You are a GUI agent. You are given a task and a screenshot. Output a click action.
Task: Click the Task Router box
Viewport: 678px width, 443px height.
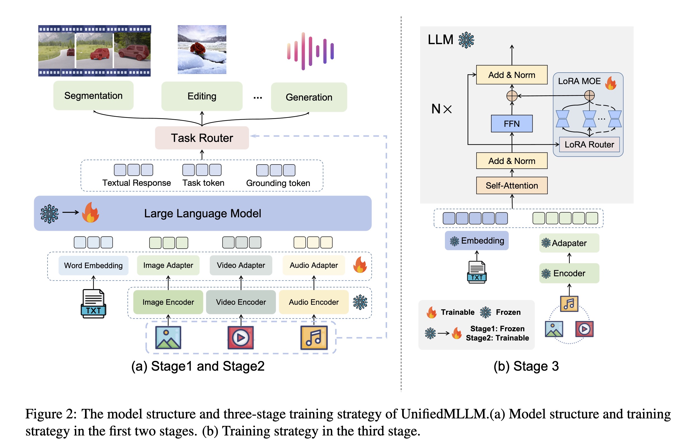(x=202, y=138)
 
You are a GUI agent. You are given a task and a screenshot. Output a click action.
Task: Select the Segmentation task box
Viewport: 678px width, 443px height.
(x=93, y=96)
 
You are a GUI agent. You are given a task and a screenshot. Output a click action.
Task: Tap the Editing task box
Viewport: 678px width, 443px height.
(x=202, y=96)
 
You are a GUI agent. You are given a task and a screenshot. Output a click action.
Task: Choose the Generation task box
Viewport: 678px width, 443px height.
(x=309, y=97)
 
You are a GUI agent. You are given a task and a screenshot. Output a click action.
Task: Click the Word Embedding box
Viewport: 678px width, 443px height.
(x=93, y=265)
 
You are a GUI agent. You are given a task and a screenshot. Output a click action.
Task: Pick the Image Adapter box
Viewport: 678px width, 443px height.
(x=168, y=265)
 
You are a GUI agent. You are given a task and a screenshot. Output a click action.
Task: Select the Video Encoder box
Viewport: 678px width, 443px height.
(x=241, y=302)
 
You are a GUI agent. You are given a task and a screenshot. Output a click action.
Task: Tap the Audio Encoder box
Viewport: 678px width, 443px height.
(x=314, y=302)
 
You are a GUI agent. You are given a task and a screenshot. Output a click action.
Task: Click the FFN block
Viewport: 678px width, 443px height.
(x=512, y=123)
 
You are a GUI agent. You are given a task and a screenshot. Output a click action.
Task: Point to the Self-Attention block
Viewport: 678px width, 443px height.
(x=512, y=185)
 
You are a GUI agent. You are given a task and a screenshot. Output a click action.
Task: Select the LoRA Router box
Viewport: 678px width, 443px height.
(x=589, y=144)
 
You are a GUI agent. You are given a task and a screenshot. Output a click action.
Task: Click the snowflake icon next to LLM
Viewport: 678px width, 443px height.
(x=466, y=40)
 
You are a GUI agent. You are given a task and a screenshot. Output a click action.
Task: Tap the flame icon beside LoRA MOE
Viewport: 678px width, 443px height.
(x=611, y=83)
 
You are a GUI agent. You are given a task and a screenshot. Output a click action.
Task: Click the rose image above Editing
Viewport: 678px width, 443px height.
(x=202, y=49)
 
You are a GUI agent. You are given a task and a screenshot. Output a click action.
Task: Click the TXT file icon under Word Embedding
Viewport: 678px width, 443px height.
(x=93, y=304)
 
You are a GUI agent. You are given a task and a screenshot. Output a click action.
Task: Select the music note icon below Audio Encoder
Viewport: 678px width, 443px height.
(x=314, y=338)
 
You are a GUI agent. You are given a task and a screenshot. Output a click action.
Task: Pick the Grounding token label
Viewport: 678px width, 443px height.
(x=278, y=183)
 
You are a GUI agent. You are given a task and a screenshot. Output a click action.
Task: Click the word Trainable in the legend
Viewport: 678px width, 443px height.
(x=457, y=312)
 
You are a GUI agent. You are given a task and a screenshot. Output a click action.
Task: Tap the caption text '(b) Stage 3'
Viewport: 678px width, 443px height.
(x=526, y=366)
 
